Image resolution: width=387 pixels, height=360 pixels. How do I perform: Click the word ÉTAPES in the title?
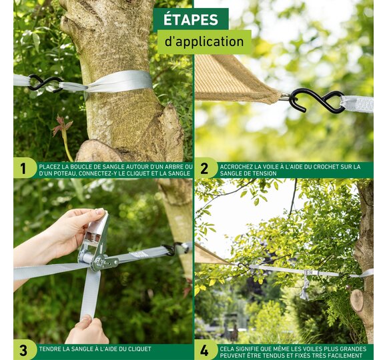click(191, 20)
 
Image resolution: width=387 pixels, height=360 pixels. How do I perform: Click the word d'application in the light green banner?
click(204, 41)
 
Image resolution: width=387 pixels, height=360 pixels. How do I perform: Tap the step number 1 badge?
click(23, 169)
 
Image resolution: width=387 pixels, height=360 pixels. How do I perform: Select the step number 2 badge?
click(204, 169)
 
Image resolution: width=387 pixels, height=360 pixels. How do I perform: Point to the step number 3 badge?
click(23, 350)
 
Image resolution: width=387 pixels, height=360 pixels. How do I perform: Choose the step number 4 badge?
click(204, 350)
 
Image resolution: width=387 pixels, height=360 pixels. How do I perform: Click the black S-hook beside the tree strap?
click(45, 83)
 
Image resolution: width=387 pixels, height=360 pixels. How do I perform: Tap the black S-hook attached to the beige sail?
click(316, 101)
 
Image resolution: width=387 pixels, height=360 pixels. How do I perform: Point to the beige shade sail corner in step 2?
click(234, 79)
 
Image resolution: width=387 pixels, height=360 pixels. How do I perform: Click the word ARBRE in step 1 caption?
click(172, 167)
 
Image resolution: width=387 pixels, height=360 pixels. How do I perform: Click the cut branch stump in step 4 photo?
click(357, 300)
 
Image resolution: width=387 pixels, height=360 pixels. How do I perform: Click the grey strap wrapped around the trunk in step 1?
click(119, 82)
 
